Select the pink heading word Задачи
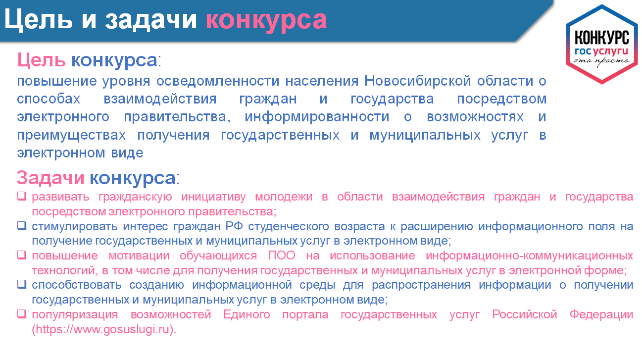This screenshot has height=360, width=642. pos(50,178)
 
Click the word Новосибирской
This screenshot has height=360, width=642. pos(418,81)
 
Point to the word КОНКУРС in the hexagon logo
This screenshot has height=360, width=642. pos(602,38)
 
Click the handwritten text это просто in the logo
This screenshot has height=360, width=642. pos(602,61)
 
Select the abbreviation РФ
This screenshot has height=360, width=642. pos(234,226)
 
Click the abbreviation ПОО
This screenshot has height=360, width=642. pos(282,256)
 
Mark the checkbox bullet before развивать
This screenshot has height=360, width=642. pos(22,196)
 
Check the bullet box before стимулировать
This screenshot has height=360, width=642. pos(22,226)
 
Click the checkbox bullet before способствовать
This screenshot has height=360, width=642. pos(22,284)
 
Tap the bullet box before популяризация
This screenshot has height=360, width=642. pos(22,314)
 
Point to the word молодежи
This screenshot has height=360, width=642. pos(284,198)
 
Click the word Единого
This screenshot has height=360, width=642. pos(247,315)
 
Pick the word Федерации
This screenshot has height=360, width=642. pos(601,315)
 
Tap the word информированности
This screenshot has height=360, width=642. pos(317,117)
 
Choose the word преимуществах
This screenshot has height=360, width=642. pos(71,136)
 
